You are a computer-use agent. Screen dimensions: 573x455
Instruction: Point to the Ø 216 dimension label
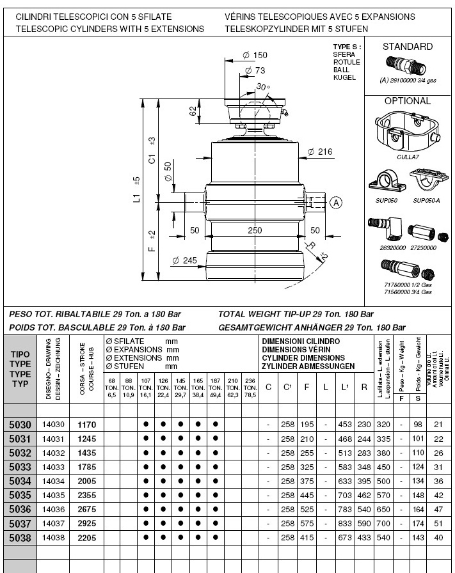(x=320, y=152)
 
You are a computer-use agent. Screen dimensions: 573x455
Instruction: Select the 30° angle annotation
(x=262, y=87)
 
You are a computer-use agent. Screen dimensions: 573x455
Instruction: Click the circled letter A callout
(x=336, y=203)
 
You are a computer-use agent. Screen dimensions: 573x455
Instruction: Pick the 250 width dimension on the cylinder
(x=255, y=230)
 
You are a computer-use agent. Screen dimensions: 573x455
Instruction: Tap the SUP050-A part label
(x=427, y=200)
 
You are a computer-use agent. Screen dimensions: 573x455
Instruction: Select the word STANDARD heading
(x=407, y=47)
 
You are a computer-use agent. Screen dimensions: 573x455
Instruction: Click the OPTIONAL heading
(x=407, y=101)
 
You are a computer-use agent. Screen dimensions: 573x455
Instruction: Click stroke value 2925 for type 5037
(x=86, y=524)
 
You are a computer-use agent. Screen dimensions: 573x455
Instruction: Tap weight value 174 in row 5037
(x=419, y=524)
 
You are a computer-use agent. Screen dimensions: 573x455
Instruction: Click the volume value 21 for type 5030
(x=438, y=425)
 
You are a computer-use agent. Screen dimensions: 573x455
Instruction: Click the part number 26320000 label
(x=390, y=247)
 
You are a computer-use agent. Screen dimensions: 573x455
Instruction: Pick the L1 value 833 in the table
(x=346, y=524)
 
